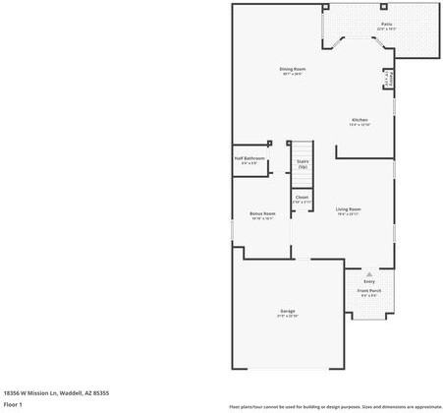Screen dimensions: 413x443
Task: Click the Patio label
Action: pos(386,23)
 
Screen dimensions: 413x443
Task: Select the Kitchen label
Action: pos(360,120)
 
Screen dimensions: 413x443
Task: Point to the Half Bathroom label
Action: pos(249,158)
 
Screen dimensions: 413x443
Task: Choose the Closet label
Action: pos(302,197)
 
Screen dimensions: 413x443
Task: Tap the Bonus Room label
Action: pos(262,213)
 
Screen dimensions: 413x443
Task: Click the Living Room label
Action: pos(349,209)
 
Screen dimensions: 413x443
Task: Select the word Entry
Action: pos(369,281)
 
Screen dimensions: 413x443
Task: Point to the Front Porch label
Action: pos(369,291)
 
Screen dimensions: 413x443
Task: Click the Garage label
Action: pos(288,311)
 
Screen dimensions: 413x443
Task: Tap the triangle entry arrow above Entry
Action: pos(369,273)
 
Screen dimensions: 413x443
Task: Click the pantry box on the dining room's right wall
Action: pos(390,80)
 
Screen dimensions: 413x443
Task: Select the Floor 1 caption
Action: pos(13,404)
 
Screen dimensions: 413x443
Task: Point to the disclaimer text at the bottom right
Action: pos(335,405)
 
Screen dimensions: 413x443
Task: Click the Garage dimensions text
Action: pos(288,317)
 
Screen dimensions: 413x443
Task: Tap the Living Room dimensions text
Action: pos(349,214)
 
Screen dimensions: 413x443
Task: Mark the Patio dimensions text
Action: pos(386,29)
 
